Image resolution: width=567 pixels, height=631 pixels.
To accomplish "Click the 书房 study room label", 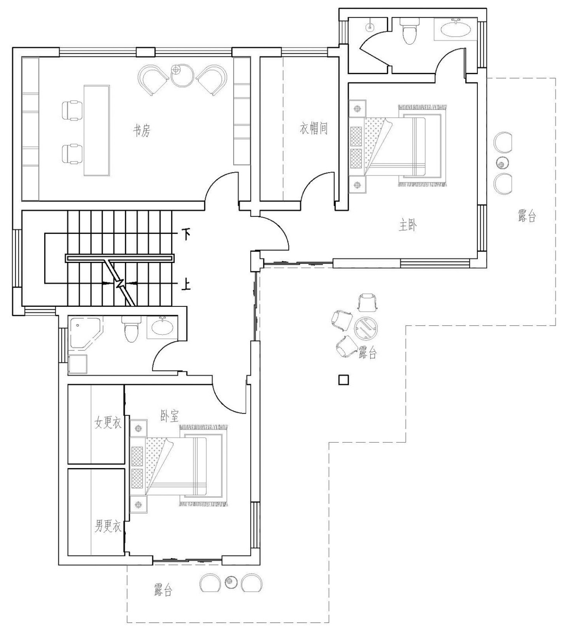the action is (x=141, y=131).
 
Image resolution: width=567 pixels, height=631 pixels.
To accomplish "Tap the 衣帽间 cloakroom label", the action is (x=314, y=128).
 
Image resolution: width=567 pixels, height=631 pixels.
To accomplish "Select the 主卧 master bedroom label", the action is (x=408, y=226).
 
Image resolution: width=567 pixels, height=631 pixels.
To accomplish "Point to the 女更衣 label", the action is (x=108, y=423).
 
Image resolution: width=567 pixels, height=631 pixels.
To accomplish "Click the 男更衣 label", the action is (x=108, y=526).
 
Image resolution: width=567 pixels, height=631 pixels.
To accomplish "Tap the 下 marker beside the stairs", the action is (x=186, y=235).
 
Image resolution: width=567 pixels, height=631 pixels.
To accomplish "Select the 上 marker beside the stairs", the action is (x=186, y=285).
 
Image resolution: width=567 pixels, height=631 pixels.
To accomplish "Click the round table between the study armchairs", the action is (x=182, y=76).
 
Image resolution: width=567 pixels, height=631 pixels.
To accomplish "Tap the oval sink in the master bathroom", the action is (x=456, y=30).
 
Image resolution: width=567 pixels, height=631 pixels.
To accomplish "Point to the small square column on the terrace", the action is (x=344, y=380).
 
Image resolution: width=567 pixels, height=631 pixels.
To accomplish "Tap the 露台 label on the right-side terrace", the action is (x=527, y=216).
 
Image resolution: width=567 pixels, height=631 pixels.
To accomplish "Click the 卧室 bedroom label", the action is (x=169, y=416).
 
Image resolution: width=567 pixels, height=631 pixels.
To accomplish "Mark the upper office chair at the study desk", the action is (x=73, y=110).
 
